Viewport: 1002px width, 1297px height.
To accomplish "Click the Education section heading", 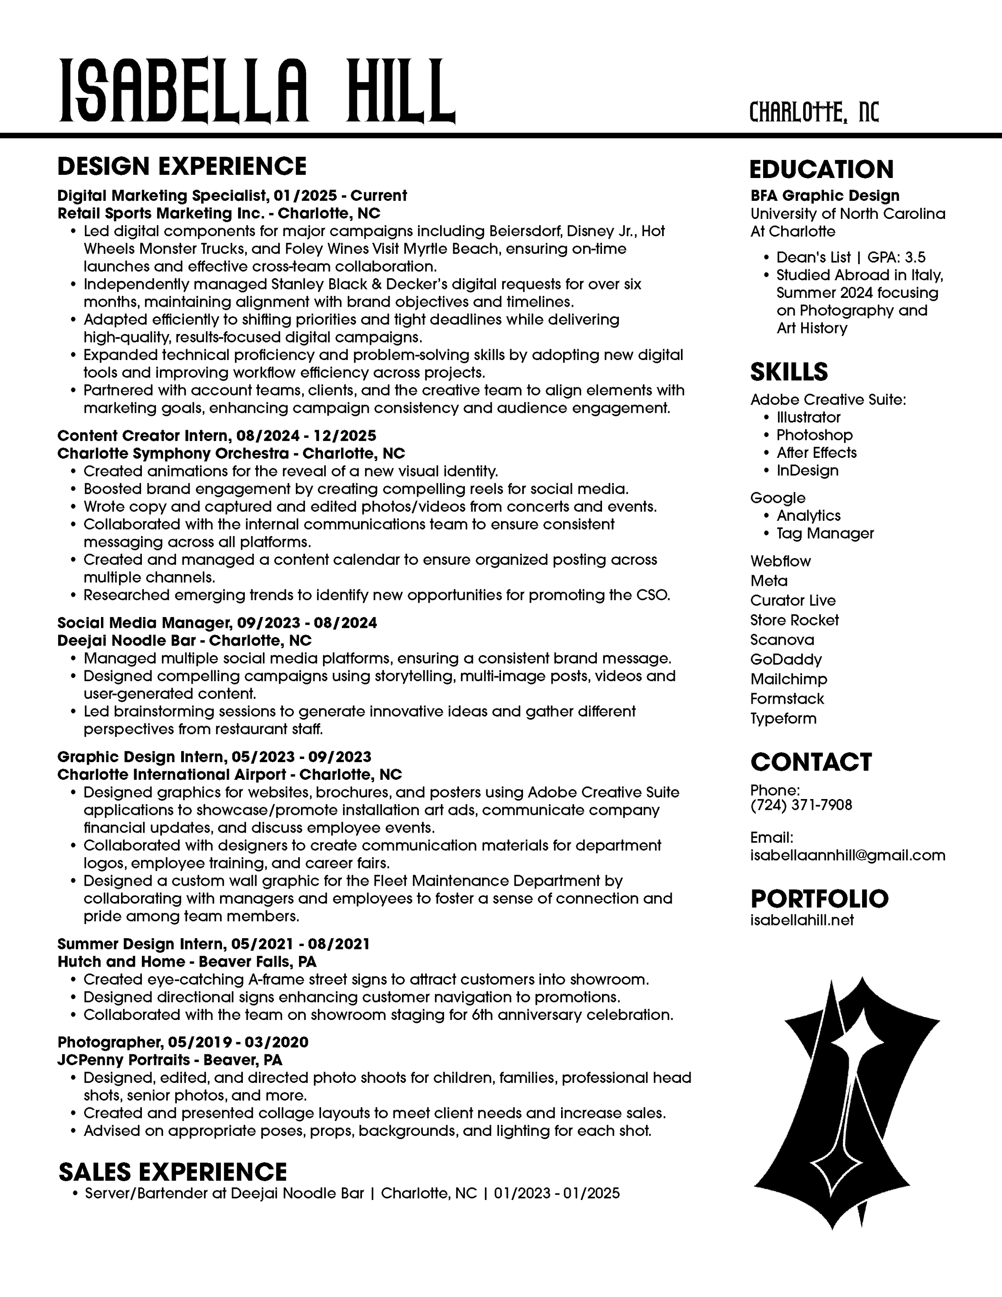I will pos(821,169).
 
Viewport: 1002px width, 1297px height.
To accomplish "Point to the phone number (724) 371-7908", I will pos(801,805).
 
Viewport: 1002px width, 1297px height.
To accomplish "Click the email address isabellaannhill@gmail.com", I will pos(848,855).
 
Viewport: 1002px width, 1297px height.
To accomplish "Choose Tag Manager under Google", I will pos(825,533).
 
